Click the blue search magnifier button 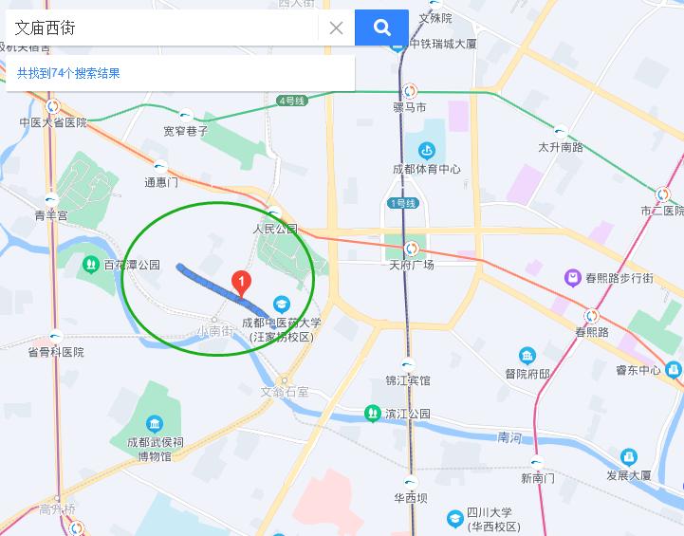[x=381, y=28]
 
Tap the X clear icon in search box [x=336, y=28]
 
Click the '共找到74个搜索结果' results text [x=68, y=73]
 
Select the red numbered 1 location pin [x=242, y=283]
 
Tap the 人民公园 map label [x=275, y=229]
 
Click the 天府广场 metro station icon [x=411, y=250]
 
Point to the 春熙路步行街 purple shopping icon [x=572, y=278]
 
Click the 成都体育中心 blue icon [x=427, y=150]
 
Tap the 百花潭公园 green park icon [x=91, y=265]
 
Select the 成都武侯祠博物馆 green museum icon [x=155, y=423]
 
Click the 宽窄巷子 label [x=185, y=131]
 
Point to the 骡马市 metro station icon [x=410, y=92]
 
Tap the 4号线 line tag [x=291, y=101]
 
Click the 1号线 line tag [x=402, y=203]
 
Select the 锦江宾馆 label [x=408, y=380]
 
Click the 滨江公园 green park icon [x=372, y=414]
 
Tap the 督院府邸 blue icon [x=527, y=357]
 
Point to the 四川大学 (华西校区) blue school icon [x=454, y=518]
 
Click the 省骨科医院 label [x=55, y=352]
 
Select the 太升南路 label [x=561, y=147]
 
